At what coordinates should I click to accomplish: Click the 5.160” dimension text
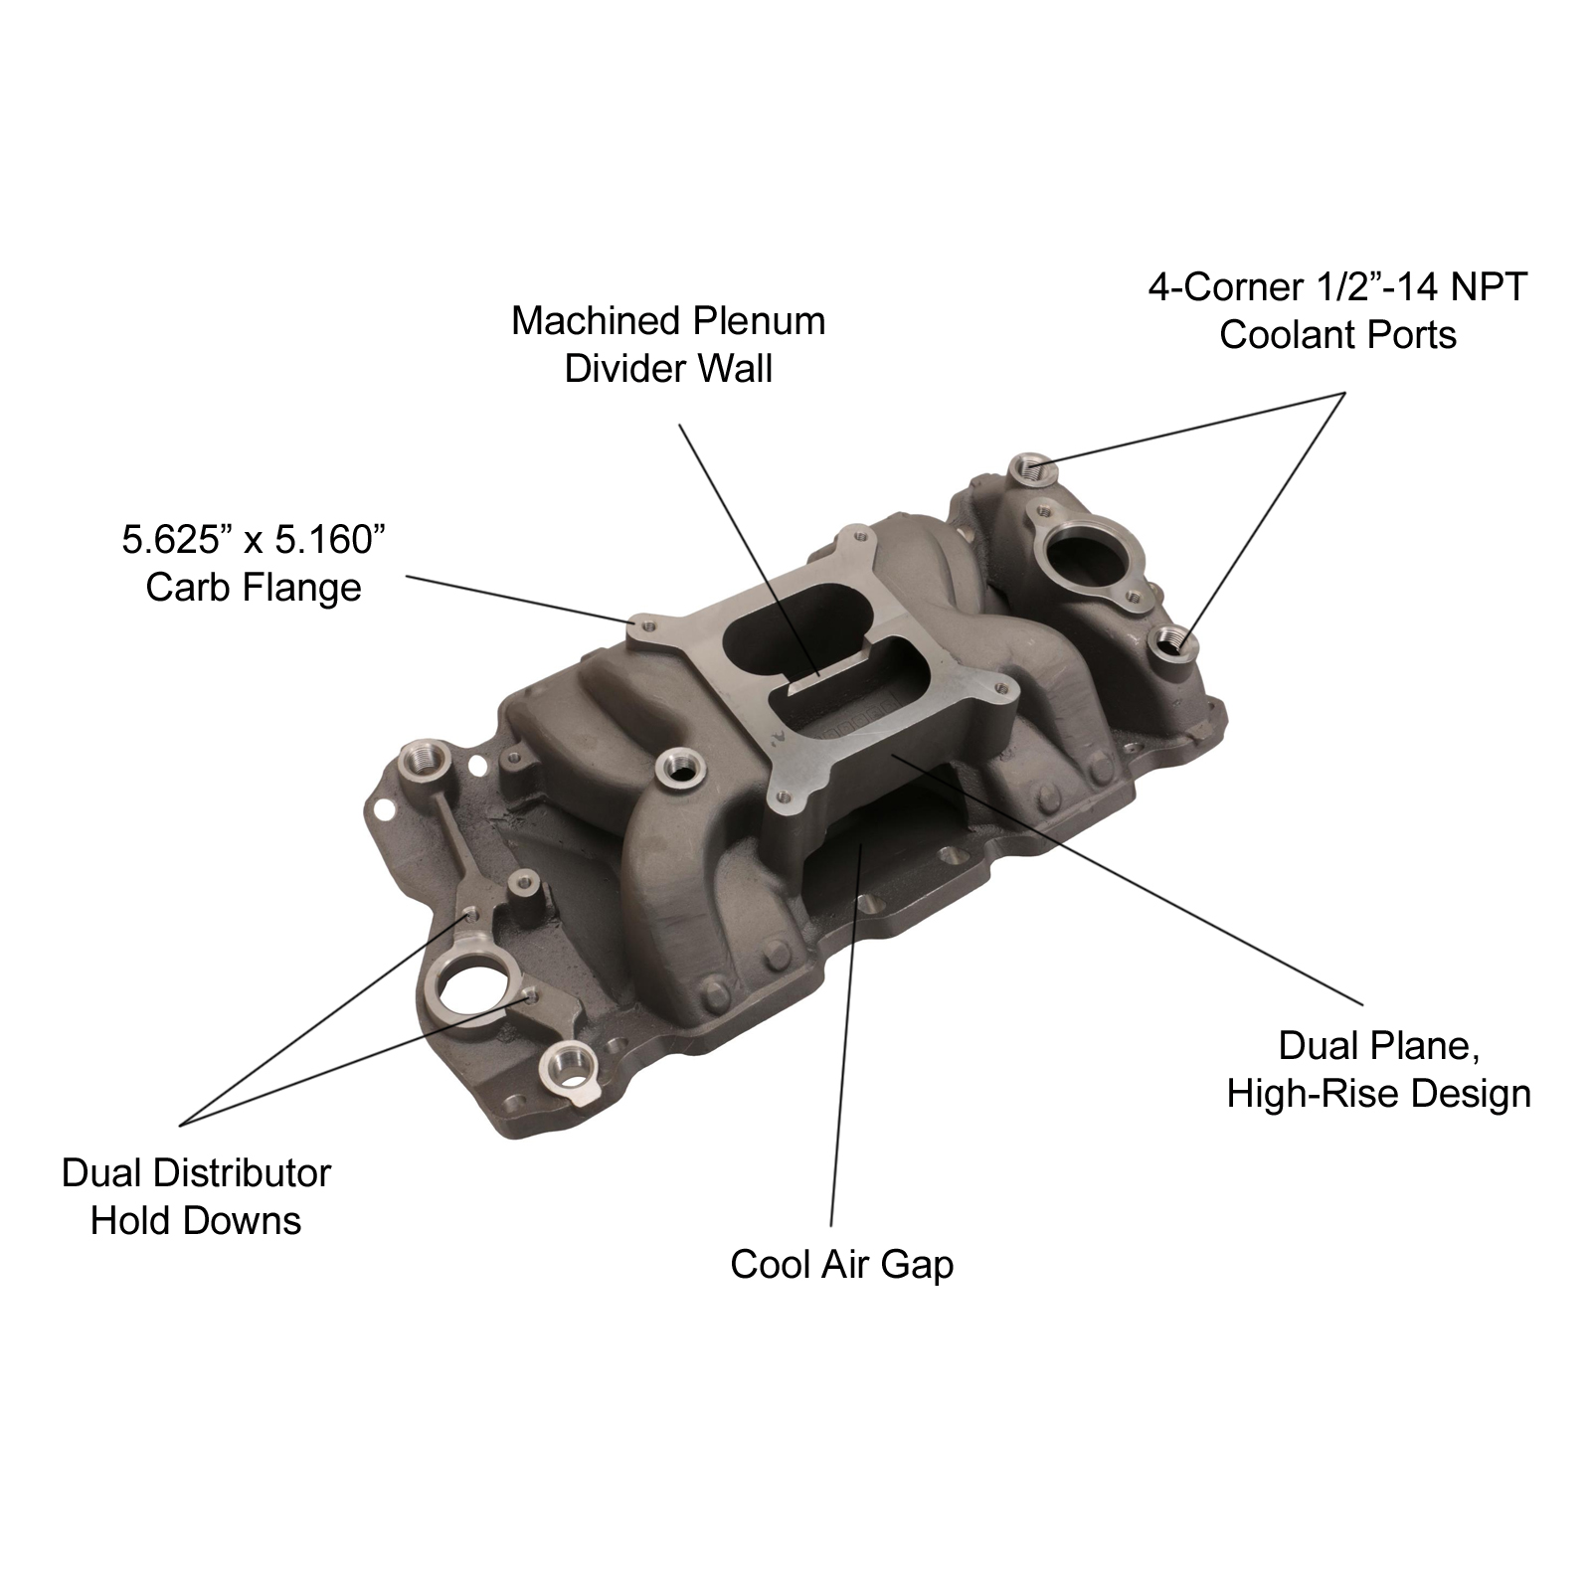329,540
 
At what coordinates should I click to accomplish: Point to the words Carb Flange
254,588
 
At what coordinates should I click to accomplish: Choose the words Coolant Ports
1337,335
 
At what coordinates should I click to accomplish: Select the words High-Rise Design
1378,1094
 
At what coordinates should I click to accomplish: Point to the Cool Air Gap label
841,1264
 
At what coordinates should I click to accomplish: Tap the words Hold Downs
196,1221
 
